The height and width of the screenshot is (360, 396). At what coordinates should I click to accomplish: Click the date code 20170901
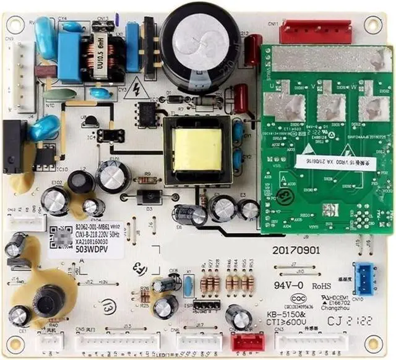(x=296, y=251)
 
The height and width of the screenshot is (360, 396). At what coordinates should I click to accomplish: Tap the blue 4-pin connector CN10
(x=364, y=276)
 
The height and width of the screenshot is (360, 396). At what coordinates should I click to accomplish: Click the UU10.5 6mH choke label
(x=99, y=55)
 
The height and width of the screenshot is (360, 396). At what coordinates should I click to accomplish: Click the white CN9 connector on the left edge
(x=25, y=75)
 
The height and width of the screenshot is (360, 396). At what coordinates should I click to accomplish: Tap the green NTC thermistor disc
(x=59, y=95)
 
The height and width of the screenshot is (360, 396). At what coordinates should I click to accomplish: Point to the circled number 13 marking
(x=109, y=305)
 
